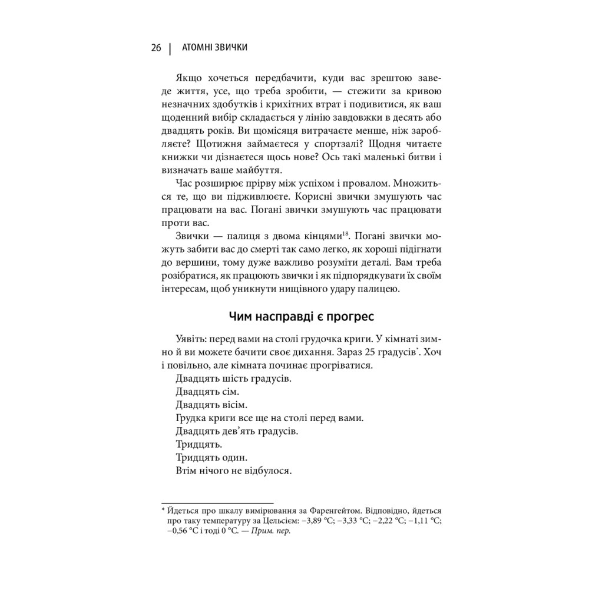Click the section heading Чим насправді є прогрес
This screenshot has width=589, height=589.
(300, 316)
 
